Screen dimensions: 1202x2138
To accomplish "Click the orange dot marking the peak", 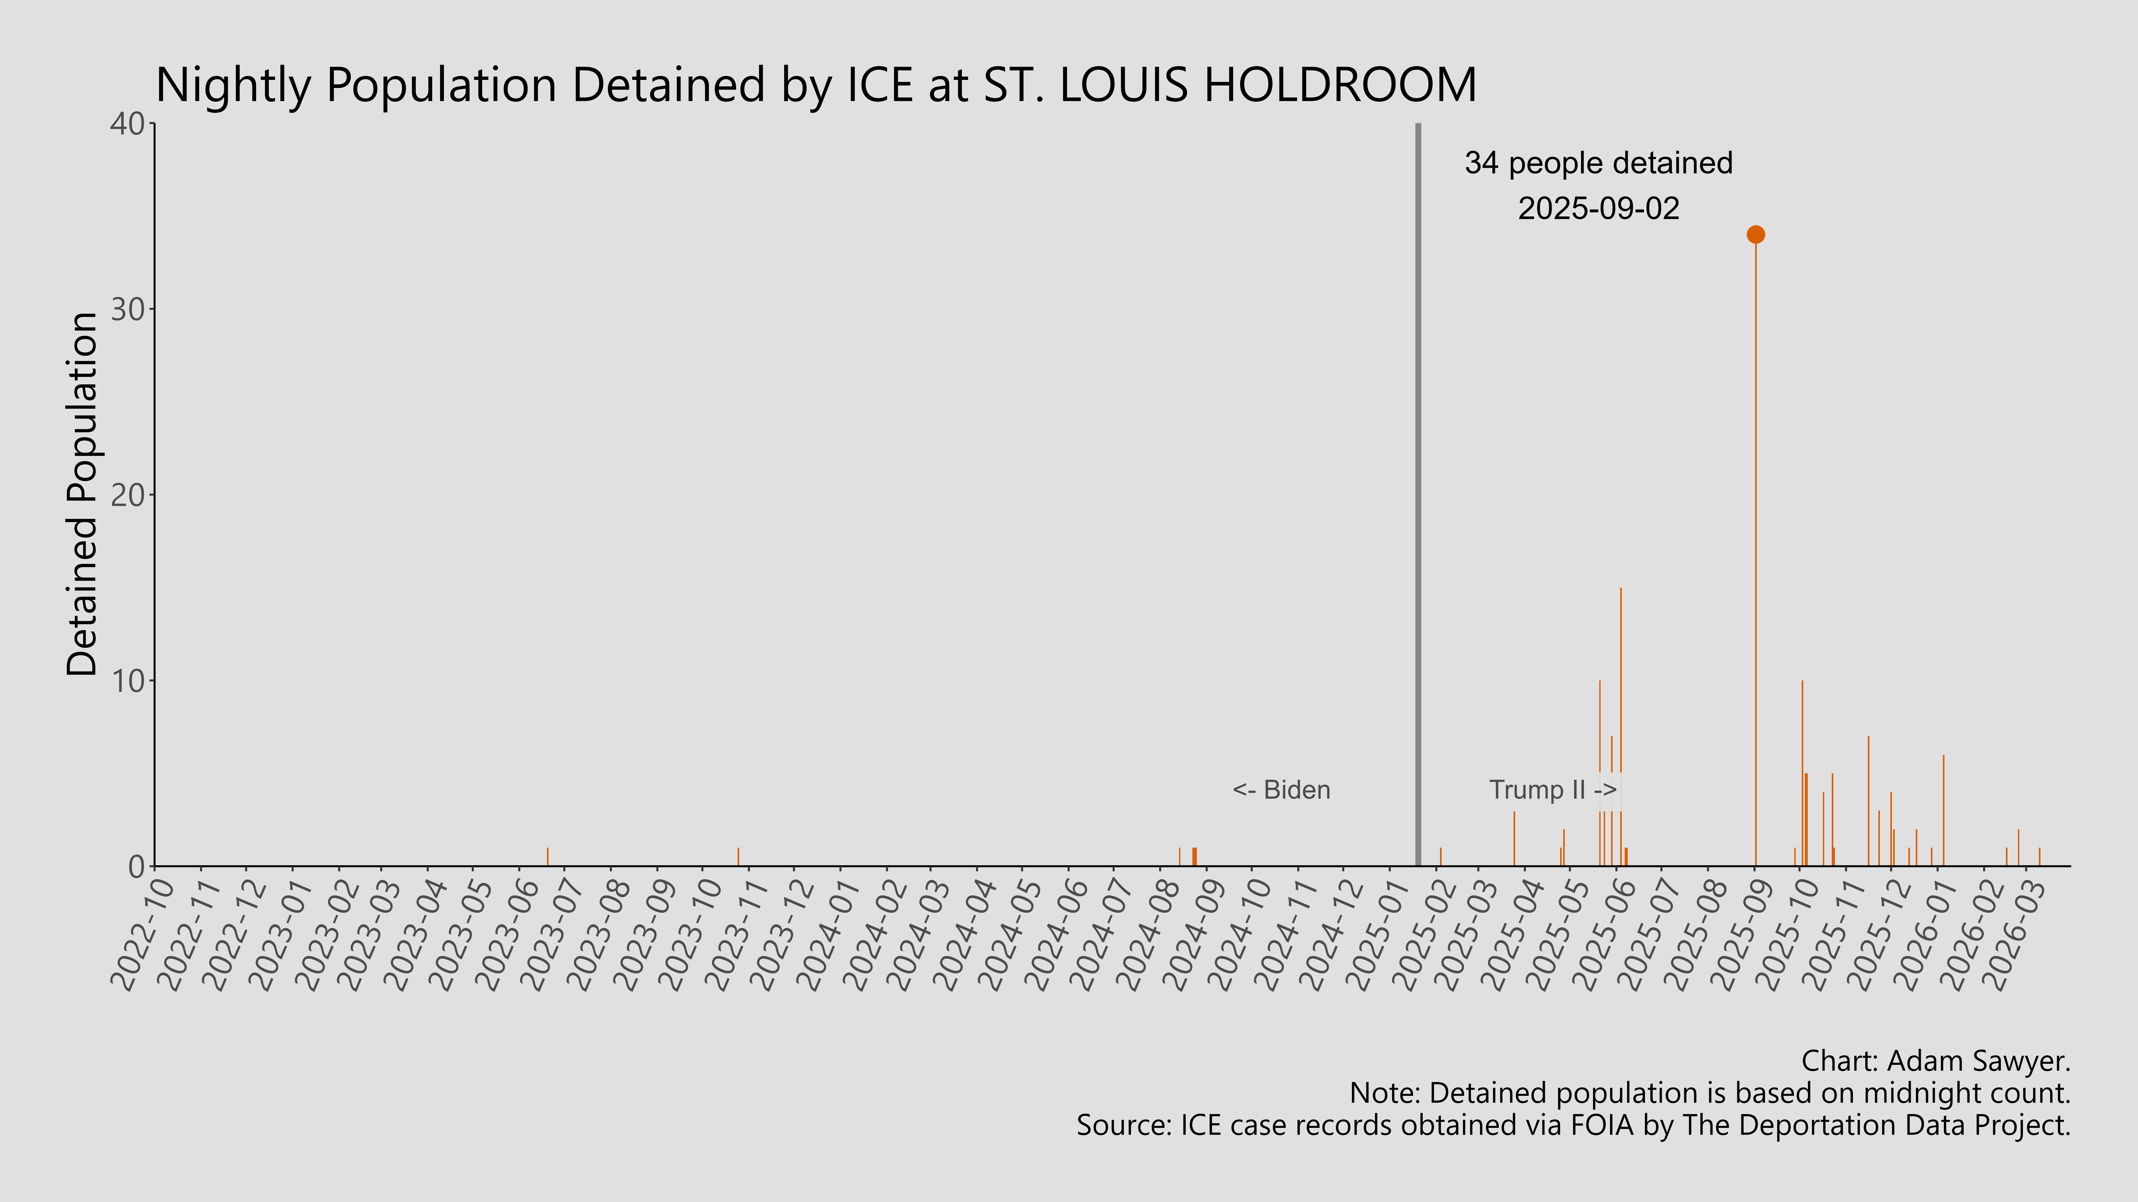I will tap(1755, 235).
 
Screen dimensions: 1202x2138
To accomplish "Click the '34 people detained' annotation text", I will tap(1599, 163).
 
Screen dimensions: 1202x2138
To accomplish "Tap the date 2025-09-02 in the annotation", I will tap(1599, 208).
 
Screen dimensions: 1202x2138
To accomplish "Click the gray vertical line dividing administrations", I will tap(1418, 498).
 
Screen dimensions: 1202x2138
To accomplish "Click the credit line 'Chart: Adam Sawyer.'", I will tap(1936, 1061).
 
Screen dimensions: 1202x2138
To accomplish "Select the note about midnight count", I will tap(1710, 1093).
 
